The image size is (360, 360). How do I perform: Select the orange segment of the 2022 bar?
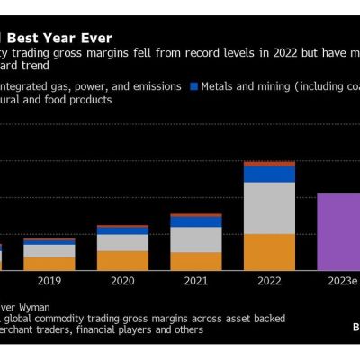269,251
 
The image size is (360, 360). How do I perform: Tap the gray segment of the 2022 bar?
269,208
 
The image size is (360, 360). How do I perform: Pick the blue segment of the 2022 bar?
269,174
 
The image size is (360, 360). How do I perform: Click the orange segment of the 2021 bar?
195,260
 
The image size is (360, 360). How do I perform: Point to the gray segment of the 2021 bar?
195,239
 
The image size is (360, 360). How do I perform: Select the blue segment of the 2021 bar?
195,221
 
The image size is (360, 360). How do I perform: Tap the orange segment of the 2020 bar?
122,260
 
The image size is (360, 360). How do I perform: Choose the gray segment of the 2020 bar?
122,242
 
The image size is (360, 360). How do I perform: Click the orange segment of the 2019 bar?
49,264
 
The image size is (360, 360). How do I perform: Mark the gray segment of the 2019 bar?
49,251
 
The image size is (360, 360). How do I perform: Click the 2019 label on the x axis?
49,282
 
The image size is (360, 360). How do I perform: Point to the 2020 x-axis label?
122,282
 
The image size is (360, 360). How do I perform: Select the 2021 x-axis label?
195,282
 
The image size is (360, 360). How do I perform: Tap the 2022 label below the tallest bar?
269,282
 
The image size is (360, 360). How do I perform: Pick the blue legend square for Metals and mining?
193,86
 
